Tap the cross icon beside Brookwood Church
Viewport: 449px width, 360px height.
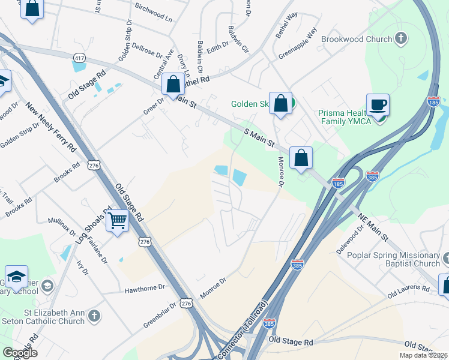click(x=401, y=39)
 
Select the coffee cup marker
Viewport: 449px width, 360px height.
click(x=378, y=106)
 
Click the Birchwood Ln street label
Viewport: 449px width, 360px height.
click(x=154, y=14)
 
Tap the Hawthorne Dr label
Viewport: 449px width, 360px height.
click(x=144, y=288)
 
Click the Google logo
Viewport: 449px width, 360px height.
click(x=20, y=352)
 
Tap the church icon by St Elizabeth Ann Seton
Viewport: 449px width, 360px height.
click(x=93, y=315)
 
